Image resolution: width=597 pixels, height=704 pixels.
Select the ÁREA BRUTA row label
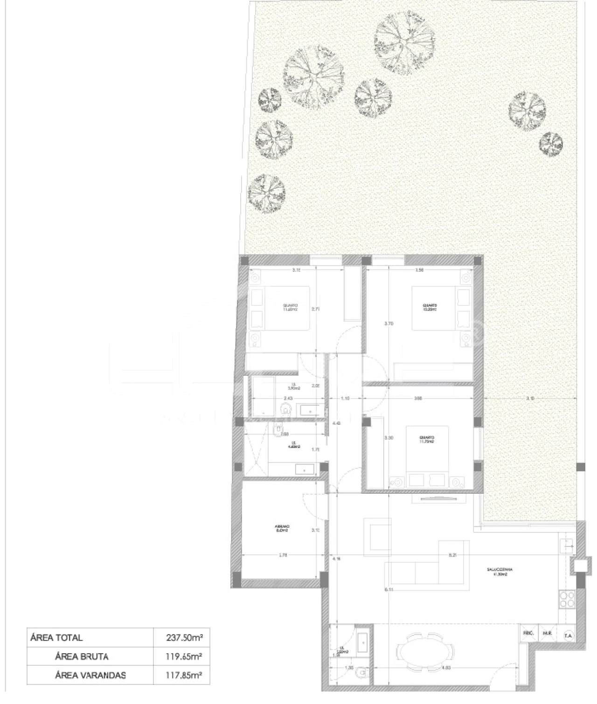coord(82,656)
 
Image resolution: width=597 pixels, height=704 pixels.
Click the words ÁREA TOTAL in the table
coord(56,637)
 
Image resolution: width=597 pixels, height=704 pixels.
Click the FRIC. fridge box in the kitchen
coord(528,635)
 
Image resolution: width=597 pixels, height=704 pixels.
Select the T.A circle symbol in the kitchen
coord(568,635)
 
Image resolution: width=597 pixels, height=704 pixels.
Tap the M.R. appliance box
coord(547,635)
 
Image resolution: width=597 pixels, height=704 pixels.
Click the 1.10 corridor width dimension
coord(345,398)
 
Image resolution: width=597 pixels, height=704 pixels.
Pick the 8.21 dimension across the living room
coord(452,555)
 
